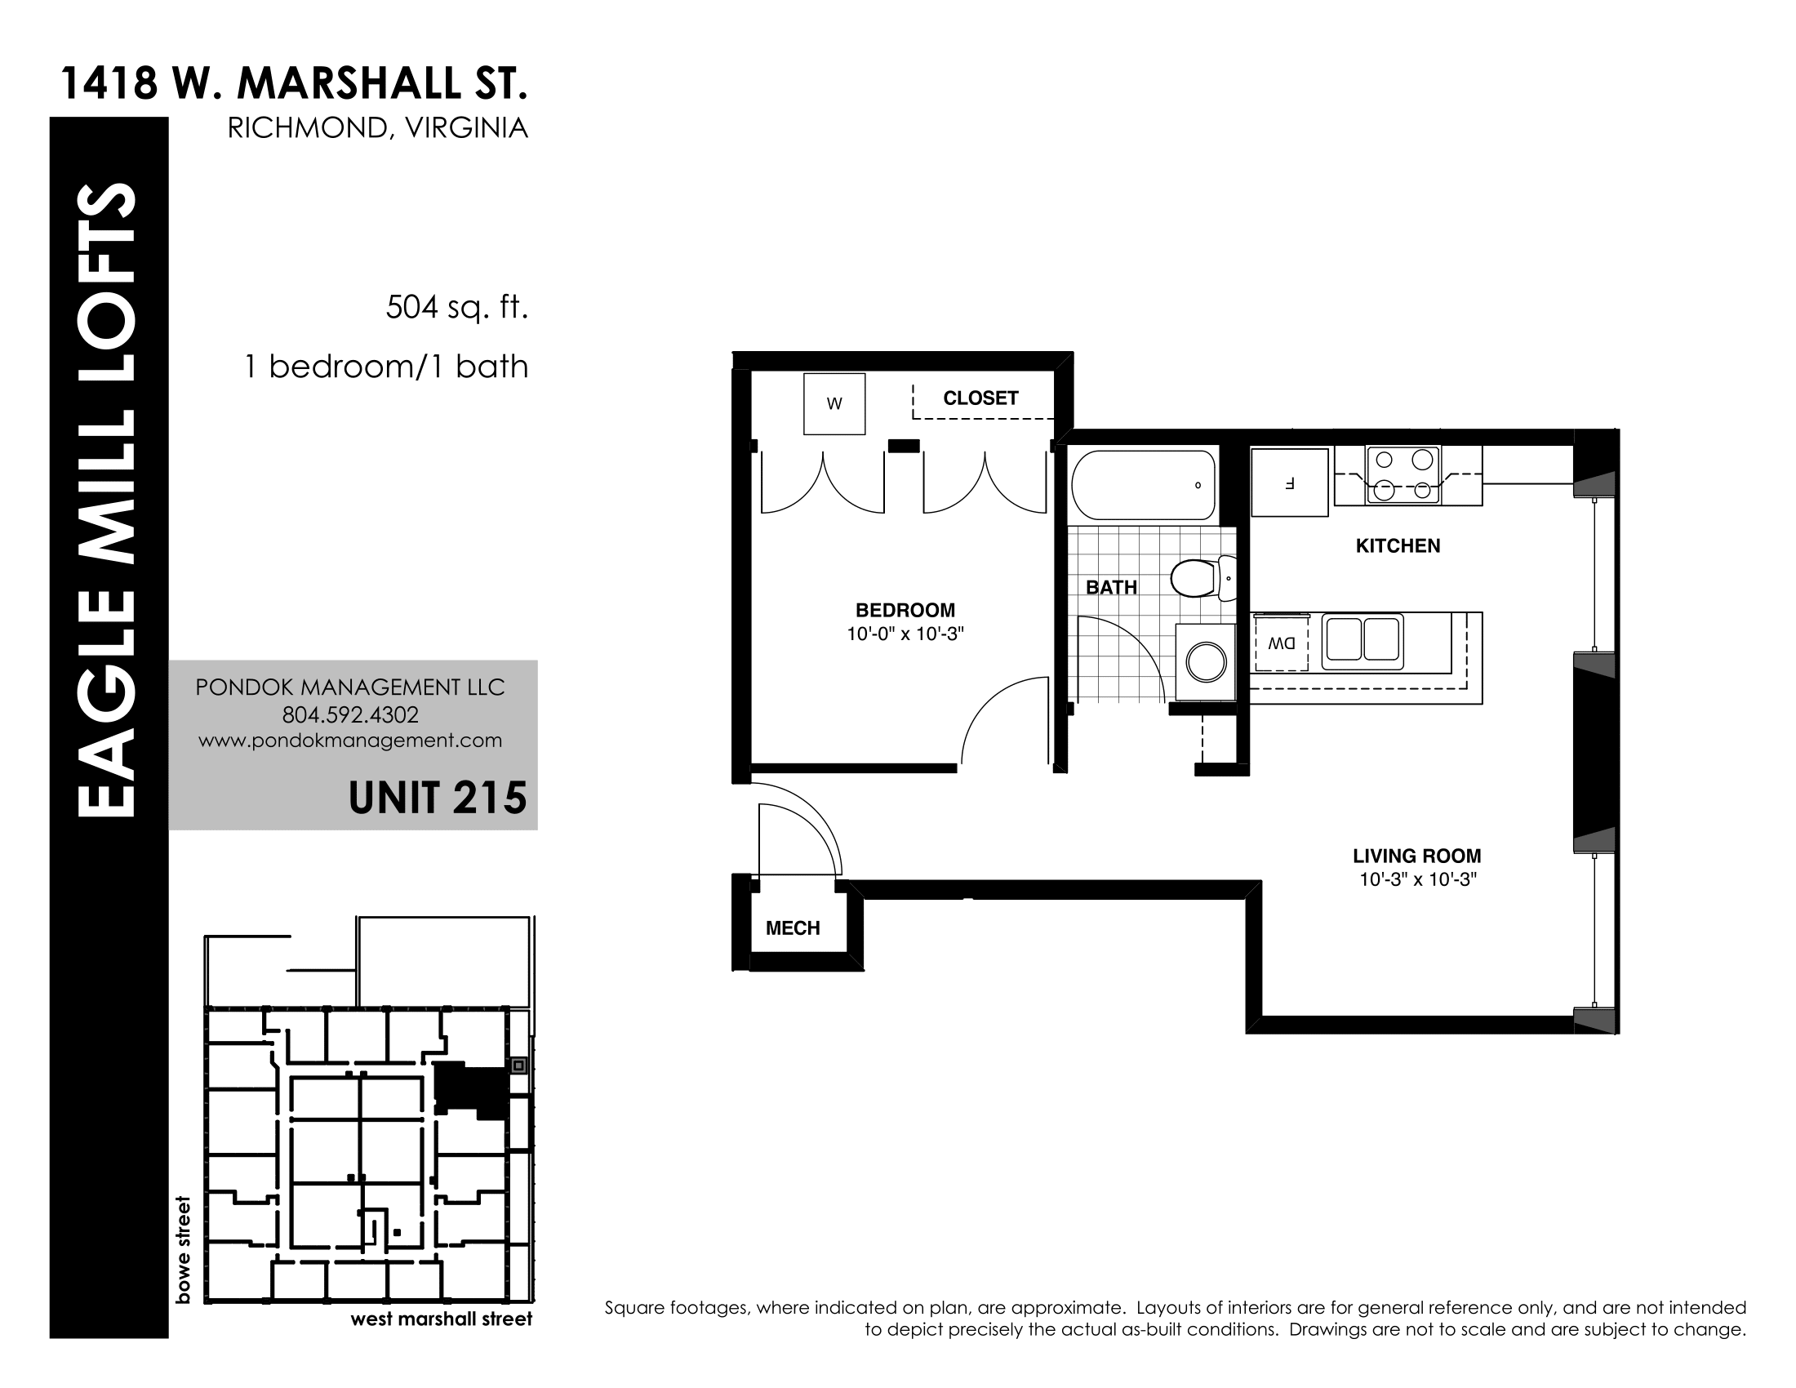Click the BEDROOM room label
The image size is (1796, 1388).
click(905, 610)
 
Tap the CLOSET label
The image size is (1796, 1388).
click(980, 398)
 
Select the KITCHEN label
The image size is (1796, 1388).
click(1397, 546)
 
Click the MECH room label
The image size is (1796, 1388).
click(793, 928)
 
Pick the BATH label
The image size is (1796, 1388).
click(1111, 587)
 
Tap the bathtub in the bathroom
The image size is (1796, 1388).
click(1143, 484)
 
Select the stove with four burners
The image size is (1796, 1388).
click(1403, 474)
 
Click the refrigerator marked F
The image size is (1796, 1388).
click(1289, 482)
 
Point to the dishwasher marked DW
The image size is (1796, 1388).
click(1281, 644)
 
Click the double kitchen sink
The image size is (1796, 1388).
click(1362, 641)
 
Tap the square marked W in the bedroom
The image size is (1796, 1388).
click(834, 403)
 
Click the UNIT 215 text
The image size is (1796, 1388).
click(438, 798)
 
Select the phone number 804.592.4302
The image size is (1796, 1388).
click(350, 714)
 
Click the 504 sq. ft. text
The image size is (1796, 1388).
click(457, 308)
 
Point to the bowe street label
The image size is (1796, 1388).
click(183, 1250)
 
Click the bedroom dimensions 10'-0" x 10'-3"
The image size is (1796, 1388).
click(905, 634)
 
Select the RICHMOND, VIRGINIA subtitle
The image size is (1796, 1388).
click(377, 128)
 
